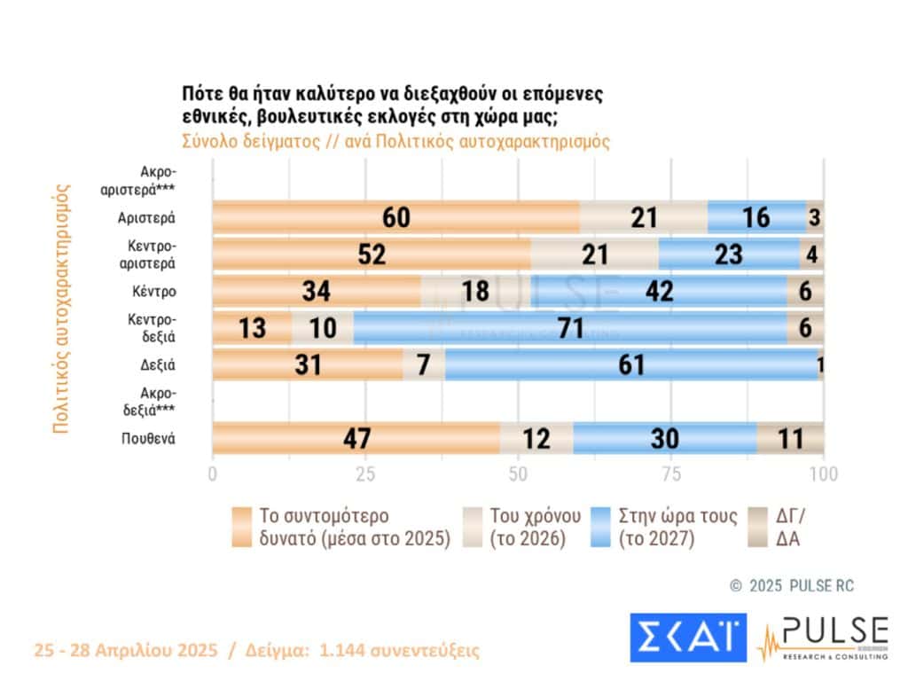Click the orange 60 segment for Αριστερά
[x=395, y=217]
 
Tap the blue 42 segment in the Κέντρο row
[x=660, y=291]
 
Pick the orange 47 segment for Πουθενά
[x=356, y=438]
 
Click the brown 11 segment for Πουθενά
[x=790, y=438]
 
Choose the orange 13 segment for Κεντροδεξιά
[x=252, y=327]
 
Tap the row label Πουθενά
[x=149, y=438]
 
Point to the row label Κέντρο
[x=155, y=291]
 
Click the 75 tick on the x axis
[x=671, y=474]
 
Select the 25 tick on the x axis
[x=365, y=474]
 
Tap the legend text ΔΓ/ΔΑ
[x=787, y=527]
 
